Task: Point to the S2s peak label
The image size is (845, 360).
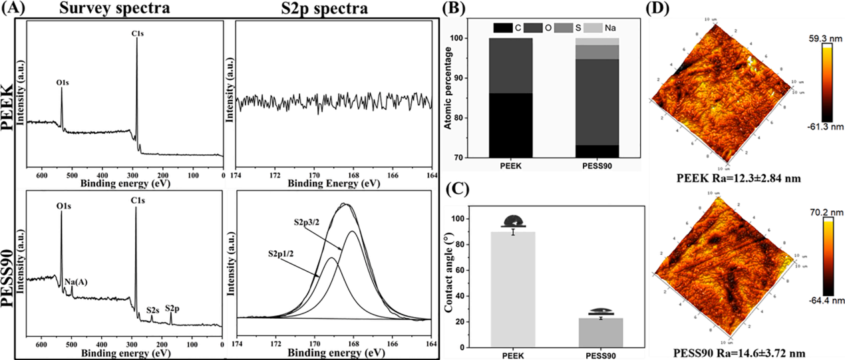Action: point(152,309)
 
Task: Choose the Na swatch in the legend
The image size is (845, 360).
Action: point(596,28)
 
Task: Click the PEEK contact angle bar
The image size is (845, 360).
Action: point(513,289)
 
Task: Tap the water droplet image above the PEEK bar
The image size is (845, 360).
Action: point(513,221)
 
